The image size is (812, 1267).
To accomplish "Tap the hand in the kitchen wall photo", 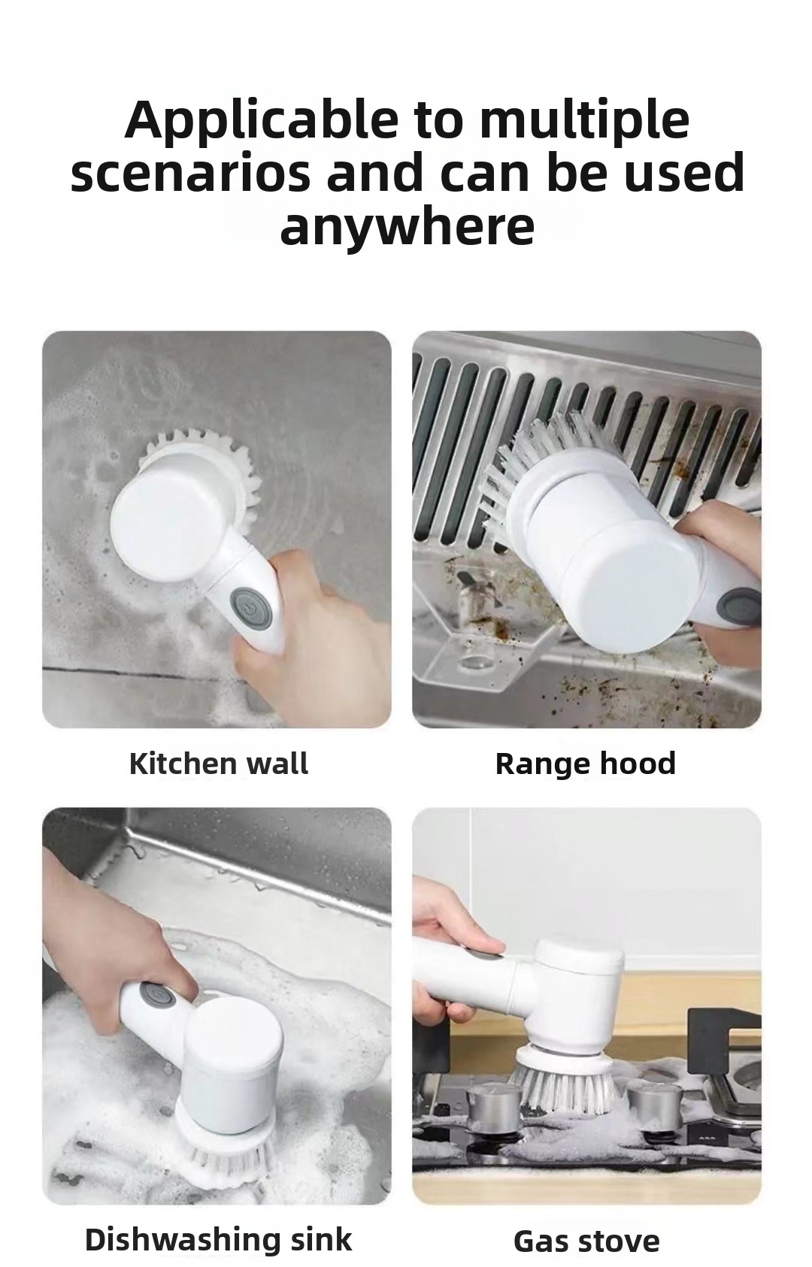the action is click(317, 627).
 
